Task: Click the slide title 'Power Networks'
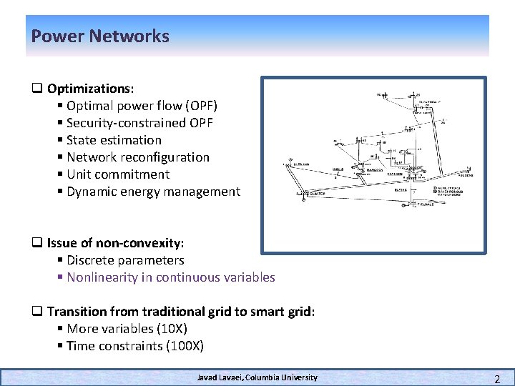(100, 36)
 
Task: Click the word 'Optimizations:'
(91, 89)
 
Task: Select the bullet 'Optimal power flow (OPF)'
(142, 106)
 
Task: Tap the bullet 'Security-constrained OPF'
(139, 123)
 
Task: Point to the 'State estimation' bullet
(114, 140)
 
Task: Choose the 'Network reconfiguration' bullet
(138, 157)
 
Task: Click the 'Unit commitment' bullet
(118, 174)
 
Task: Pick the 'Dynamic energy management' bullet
(153, 192)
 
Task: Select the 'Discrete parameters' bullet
(125, 260)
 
